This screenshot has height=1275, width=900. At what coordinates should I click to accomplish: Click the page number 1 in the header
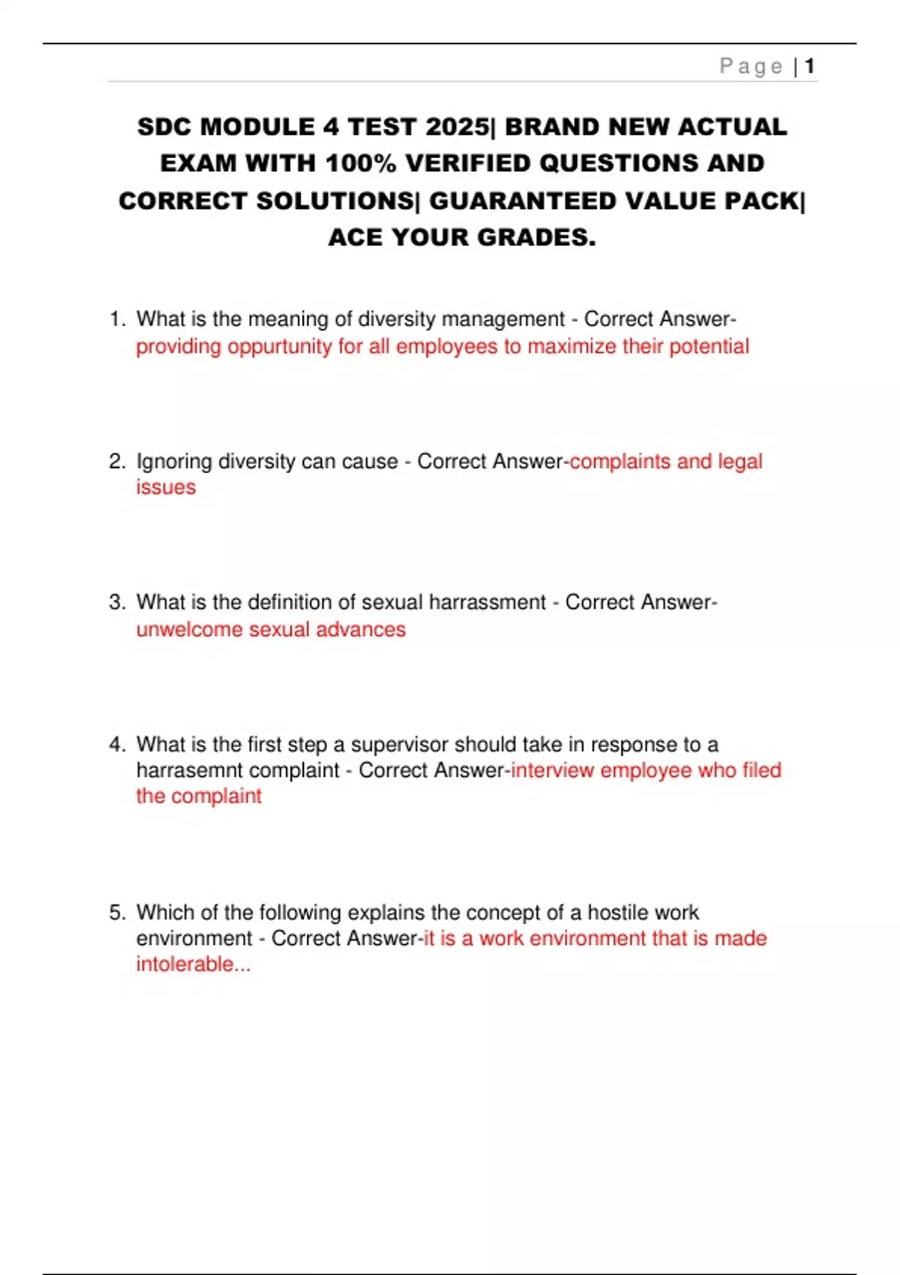pyautogui.click(x=809, y=66)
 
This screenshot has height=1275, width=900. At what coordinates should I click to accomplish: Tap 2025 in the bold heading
pyautogui.click(x=455, y=127)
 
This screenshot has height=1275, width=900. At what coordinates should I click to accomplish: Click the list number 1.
pyautogui.click(x=116, y=319)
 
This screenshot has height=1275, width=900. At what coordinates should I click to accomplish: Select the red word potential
pyautogui.click(x=709, y=346)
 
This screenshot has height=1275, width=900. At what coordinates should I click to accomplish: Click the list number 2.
pyautogui.click(x=116, y=461)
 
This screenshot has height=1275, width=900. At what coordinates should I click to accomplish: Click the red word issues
pyautogui.click(x=166, y=487)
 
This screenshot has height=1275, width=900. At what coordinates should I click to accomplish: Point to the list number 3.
pyautogui.click(x=116, y=602)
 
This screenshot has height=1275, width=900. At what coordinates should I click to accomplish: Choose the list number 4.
pyautogui.click(x=116, y=745)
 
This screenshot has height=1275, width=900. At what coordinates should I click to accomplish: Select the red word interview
pyautogui.click(x=552, y=770)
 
